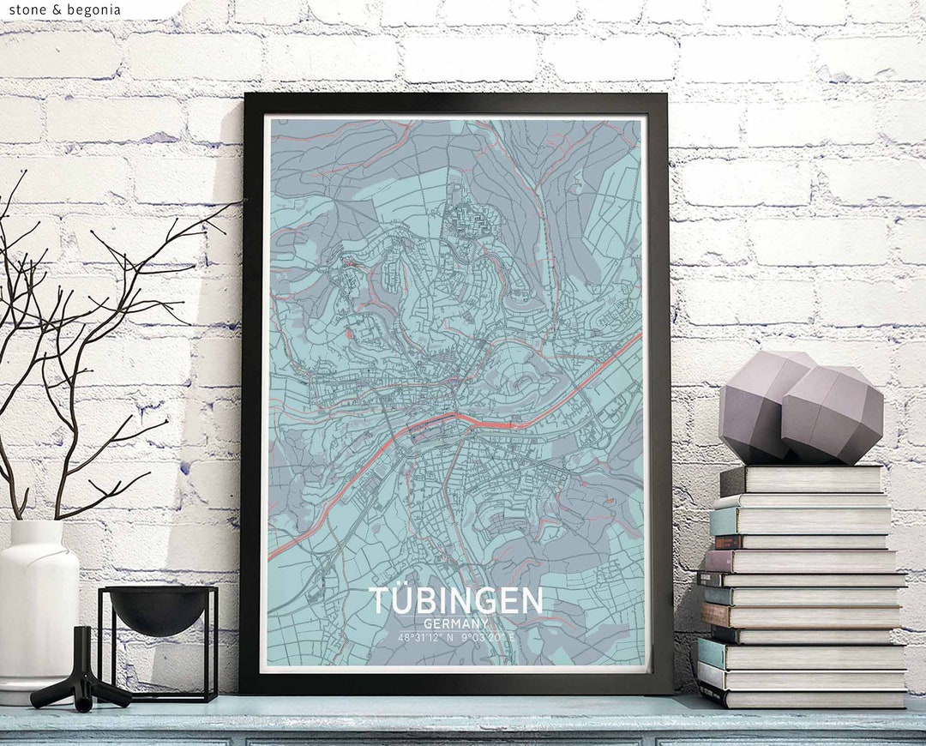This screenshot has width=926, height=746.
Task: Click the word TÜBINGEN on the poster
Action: (x=455, y=600)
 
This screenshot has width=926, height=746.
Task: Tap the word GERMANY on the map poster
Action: (x=455, y=624)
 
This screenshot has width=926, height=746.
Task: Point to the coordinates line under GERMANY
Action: (x=455, y=637)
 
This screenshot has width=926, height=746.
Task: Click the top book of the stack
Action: (x=802, y=479)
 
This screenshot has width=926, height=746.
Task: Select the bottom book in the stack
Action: (x=802, y=695)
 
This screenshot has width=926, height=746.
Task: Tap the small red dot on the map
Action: (x=348, y=331)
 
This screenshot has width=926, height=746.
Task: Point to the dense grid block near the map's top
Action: (x=472, y=220)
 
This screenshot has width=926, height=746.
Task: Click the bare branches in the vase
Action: (x=77, y=343)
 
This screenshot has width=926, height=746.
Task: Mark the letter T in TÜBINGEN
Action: (x=377, y=600)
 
